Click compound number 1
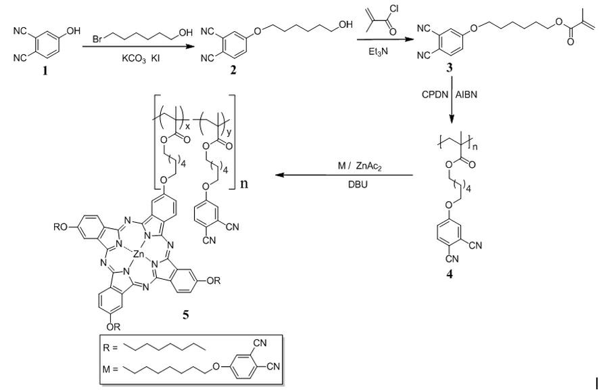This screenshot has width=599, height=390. pos(45,71)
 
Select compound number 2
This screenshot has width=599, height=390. pos(233,71)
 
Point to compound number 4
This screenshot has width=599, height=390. pos(450,274)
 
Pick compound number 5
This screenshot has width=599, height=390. pos(186,316)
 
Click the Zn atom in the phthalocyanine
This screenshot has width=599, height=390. pos(138,253)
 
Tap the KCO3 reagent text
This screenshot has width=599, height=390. pos(134,60)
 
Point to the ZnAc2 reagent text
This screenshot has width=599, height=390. pos(368,167)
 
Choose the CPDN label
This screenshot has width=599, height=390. pos(435,95)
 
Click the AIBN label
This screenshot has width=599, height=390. pos(466,95)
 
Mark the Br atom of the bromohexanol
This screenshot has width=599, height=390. pos(97,39)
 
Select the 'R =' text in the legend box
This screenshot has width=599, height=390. pos(110,347)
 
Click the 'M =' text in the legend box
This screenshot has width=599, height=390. pos(111,369)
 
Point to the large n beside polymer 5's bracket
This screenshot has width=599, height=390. pos(244,183)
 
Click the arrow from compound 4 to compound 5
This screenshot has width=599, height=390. pos(345,175)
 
